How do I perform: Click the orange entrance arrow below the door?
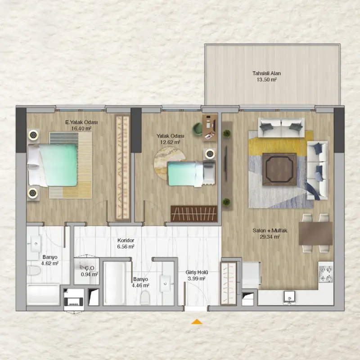[x=197, y=322]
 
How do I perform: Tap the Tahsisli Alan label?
[x=266, y=73]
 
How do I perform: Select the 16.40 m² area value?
[x=81, y=128]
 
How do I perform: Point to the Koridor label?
[x=126, y=240]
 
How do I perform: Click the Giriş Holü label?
[x=197, y=273]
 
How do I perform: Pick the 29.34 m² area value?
[x=270, y=237]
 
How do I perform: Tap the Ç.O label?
[x=90, y=268]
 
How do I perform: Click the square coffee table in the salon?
[x=279, y=169]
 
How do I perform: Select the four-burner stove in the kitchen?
[x=326, y=274]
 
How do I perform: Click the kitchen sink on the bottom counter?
[x=289, y=297]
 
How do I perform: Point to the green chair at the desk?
[x=197, y=129]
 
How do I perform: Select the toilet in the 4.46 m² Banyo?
[x=145, y=297]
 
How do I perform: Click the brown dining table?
[x=316, y=233]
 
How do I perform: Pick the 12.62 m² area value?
[x=170, y=142]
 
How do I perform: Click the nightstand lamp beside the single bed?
[x=210, y=154]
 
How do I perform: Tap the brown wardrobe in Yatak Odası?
[x=194, y=214]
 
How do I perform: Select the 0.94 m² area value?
[x=90, y=274]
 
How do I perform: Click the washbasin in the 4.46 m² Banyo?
[x=165, y=283]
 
